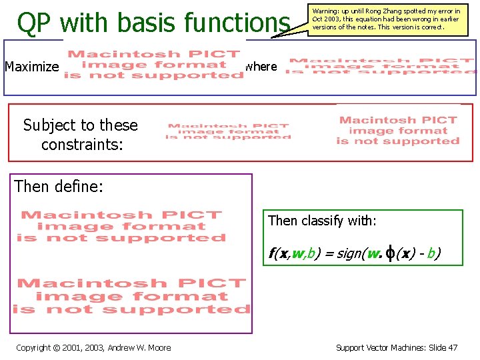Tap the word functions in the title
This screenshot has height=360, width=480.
[x=237, y=23]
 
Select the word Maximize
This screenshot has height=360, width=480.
[x=32, y=67]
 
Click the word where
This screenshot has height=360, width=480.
[x=261, y=67]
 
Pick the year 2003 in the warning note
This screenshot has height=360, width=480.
[x=331, y=19]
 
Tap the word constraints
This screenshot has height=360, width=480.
[x=81, y=143]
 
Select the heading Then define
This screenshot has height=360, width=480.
[x=59, y=186]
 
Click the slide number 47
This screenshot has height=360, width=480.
[x=453, y=347]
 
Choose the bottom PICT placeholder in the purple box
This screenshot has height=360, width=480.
[x=131, y=296]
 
